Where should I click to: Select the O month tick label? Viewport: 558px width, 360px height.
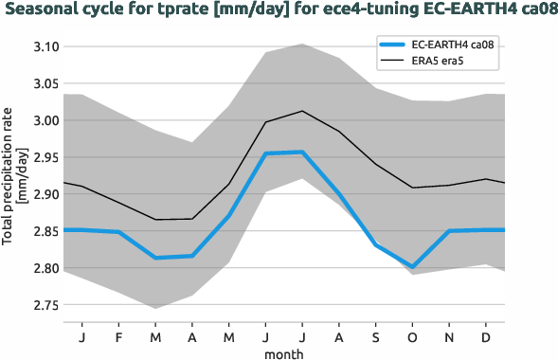click(x=414, y=336)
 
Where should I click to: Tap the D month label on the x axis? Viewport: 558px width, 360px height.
click(x=487, y=336)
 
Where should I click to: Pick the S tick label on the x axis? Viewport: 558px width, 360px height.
click(x=377, y=336)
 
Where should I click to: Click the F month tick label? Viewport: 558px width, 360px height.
click(x=119, y=336)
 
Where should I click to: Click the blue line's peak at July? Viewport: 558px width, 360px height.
click(x=302, y=152)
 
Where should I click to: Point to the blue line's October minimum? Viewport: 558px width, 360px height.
click(x=414, y=267)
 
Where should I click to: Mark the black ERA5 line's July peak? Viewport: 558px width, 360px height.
click(x=302, y=111)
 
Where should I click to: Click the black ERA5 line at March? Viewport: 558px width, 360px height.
click(x=156, y=220)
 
